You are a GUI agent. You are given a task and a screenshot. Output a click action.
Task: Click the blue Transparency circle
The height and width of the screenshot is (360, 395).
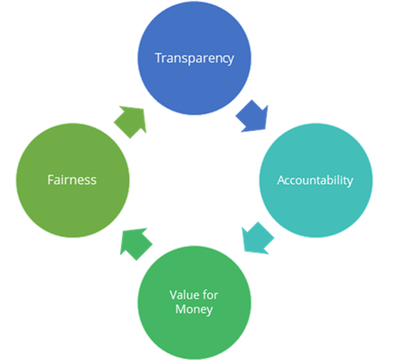195,58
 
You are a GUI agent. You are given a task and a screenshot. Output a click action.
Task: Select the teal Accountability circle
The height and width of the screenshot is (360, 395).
316,180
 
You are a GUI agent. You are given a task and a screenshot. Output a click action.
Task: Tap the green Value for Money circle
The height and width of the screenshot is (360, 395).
195,303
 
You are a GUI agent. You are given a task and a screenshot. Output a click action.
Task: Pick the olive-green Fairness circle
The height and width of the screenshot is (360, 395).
72,180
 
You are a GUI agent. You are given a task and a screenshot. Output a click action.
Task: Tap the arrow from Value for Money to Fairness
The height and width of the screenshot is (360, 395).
135,243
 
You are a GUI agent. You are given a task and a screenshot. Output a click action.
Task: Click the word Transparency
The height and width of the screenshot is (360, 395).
195,59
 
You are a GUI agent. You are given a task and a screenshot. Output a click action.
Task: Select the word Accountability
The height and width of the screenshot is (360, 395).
315,180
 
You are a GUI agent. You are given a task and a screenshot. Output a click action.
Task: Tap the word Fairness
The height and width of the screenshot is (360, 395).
72,180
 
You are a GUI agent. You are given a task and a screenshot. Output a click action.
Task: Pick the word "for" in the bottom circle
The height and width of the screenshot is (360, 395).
210,295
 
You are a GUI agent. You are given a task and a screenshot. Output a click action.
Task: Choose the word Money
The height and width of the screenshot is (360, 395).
194,309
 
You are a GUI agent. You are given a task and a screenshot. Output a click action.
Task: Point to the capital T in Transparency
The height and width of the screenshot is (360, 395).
159,58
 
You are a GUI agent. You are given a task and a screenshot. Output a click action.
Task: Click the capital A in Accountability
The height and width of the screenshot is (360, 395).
282,180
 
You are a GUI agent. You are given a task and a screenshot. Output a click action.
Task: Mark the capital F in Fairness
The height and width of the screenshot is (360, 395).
51,180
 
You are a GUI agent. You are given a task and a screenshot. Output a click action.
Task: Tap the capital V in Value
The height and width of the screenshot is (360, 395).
174,295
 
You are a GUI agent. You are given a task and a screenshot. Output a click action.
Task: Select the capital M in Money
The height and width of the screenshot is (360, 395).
181,309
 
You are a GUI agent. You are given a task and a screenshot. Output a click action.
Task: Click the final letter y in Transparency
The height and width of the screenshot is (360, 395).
231,60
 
